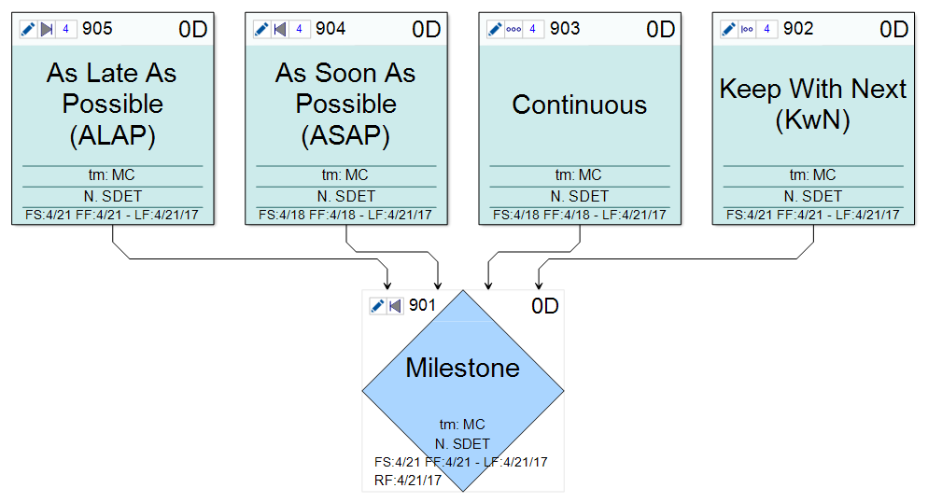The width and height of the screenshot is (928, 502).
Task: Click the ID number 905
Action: pyautogui.click(x=97, y=29)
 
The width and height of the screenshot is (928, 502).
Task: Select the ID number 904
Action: pyautogui.click(x=330, y=29)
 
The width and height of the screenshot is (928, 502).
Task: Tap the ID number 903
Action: pyautogui.click(x=565, y=29)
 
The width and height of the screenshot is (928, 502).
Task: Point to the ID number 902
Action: pyautogui.click(x=798, y=29)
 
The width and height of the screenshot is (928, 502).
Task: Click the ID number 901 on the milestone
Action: pyautogui.click(x=422, y=305)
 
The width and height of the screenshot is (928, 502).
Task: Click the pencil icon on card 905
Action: pyautogui.click(x=28, y=29)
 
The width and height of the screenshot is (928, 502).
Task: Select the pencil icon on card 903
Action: pyautogui.click(x=495, y=29)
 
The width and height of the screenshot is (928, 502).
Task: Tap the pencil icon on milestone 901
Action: pyautogui.click(x=378, y=306)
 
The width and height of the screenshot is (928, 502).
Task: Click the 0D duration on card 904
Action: pyautogui.click(x=426, y=30)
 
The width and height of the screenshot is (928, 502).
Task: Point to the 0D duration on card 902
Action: pyautogui.click(x=893, y=30)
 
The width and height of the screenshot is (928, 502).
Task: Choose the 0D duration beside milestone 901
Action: pyautogui.click(x=545, y=306)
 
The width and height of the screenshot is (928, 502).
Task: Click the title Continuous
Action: pyautogui.click(x=579, y=105)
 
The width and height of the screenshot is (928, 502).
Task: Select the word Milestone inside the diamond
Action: pyautogui.click(x=463, y=368)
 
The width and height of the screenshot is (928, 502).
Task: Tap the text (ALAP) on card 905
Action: pyautogui.click(x=112, y=136)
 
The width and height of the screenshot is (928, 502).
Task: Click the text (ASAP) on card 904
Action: pyautogui.click(x=345, y=136)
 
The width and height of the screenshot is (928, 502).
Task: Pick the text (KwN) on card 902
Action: pyautogui.click(x=812, y=120)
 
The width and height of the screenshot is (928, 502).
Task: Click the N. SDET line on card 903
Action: pyautogui.click(x=579, y=196)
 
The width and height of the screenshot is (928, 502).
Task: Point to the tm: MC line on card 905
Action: pyautogui.click(x=112, y=174)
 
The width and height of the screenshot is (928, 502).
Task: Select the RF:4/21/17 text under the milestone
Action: pyautogui.click(x=407, y=481)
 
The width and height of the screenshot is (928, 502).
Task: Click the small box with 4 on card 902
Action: pyautogui.click(x=766, y=29)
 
